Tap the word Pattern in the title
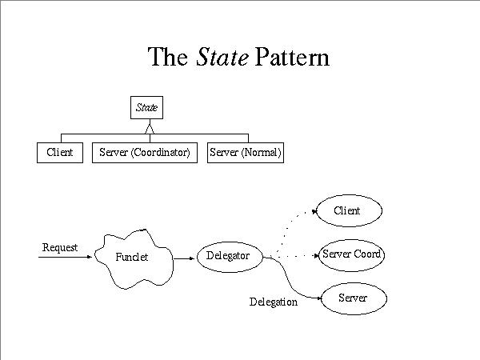pos(293,57)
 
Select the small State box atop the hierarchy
pos(147,107)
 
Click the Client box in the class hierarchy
pos(60,152)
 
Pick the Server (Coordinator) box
pos(144,152)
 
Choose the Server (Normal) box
pos(245,152)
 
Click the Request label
pos(60,247)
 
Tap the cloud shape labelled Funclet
pos(133,257)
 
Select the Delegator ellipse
pos(228,256)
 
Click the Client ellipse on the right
pos(350,210)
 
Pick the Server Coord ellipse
pos(351,254)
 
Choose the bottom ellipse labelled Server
pos(353,298)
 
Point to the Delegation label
pos(274,302)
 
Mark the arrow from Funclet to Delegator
pos(183,258)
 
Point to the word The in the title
pos(168,57)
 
